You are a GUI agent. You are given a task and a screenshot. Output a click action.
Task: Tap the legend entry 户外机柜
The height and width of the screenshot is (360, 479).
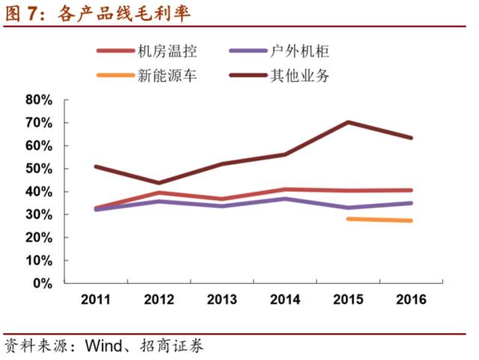(304, 52)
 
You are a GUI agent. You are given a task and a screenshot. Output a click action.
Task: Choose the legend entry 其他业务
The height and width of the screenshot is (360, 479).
(304, 75)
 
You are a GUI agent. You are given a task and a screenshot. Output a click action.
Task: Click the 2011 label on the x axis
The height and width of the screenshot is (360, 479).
(97, 299)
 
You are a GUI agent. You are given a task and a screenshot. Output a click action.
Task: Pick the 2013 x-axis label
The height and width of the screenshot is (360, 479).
(222, 299)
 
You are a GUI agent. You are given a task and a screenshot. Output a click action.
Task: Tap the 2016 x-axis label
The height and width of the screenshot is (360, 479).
(411, 299)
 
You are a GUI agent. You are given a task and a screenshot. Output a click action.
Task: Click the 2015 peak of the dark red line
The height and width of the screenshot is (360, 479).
(349, 122)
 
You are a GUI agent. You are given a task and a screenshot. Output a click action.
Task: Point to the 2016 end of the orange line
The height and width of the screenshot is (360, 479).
(411, 221)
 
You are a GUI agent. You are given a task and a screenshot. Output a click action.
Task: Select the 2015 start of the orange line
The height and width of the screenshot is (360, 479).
(349, 219)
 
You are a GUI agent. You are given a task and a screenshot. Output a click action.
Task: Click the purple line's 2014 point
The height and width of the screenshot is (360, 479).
(285, 198)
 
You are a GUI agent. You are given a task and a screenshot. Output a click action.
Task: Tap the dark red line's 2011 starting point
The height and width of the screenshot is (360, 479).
(97, 166)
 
